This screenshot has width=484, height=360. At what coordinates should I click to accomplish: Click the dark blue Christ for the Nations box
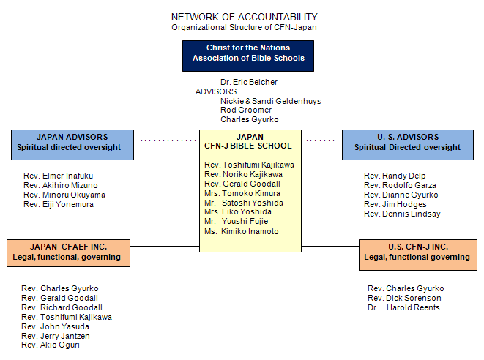click(248, 56)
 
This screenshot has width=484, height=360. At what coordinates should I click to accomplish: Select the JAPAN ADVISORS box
click(72, 145)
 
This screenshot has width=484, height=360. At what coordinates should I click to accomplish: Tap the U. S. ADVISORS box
click(408, 145)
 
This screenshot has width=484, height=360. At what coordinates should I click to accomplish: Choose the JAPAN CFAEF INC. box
click(69, 253)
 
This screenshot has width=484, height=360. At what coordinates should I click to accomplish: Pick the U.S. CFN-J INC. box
click(418, 255)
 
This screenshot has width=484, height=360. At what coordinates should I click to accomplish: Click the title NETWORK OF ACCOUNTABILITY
click(245, 17)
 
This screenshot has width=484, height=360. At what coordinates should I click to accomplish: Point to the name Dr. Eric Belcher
click(249, 83)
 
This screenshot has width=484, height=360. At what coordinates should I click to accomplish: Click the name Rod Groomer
click(246, 110)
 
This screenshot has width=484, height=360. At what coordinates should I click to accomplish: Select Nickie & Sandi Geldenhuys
click(271, 101)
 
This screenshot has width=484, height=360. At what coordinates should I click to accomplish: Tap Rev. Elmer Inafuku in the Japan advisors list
click(59, 176)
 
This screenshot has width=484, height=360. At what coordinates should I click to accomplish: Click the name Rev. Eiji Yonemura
click(59, 205)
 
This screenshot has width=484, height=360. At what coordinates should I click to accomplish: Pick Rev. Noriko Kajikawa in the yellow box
click(244, 175)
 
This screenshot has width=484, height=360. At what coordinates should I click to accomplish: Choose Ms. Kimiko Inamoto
click(242, 231)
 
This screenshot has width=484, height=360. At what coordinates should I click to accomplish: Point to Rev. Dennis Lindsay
click(402, 214)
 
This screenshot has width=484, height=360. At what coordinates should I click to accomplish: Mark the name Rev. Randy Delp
click(395, 176)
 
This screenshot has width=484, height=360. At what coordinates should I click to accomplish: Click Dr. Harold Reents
click(403, 307)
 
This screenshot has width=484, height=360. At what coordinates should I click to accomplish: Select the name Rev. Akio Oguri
click(51, 345)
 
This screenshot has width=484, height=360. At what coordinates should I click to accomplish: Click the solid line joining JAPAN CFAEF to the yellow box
click(165, 246)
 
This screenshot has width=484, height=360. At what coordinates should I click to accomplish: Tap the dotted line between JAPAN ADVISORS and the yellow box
click(168, 140)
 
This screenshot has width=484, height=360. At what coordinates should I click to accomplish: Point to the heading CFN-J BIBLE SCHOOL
click(248, 146)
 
